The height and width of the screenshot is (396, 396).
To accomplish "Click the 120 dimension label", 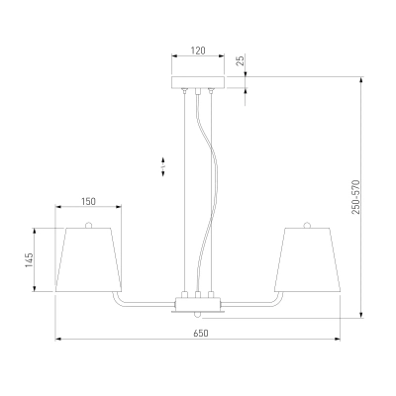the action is tap(198, 50).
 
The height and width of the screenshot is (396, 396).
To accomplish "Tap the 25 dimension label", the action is tap(242, 60).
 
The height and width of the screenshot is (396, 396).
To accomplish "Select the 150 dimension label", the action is tap(88, 201).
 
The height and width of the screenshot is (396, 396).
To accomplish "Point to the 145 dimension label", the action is tap(30, 260).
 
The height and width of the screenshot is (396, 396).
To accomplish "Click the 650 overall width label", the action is tap(201, 334).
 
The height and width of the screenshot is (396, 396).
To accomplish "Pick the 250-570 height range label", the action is tap(355, 197).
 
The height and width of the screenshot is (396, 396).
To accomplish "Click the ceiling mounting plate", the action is tap(198, 82).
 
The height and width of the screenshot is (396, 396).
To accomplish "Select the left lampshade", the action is tap(88, 259).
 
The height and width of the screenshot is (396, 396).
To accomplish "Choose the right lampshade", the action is tap(307, 259).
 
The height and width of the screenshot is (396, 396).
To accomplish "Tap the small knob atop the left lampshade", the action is tap(88, 225).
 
